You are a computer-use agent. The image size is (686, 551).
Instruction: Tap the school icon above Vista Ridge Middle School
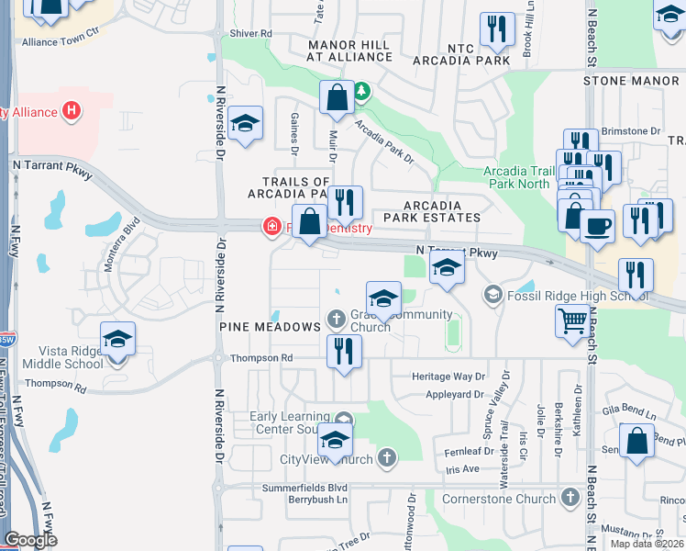pyautogui.click(x=117, y=339)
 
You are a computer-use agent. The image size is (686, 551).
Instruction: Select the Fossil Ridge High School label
pyautogui.click(x=567, y=295)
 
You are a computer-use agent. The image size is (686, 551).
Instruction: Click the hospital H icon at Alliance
pyautogui.click(x=72, y=112)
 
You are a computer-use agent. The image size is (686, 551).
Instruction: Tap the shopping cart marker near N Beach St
pyautogui.click(x=573, y=321)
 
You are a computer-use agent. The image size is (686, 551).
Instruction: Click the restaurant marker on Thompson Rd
pyautogui.click(x=344, y=351)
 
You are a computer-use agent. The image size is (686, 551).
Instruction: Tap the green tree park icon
pyautogui.click(x=362, y=91)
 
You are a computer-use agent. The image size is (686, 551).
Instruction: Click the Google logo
pyautogui.click(x=31, y=539)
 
